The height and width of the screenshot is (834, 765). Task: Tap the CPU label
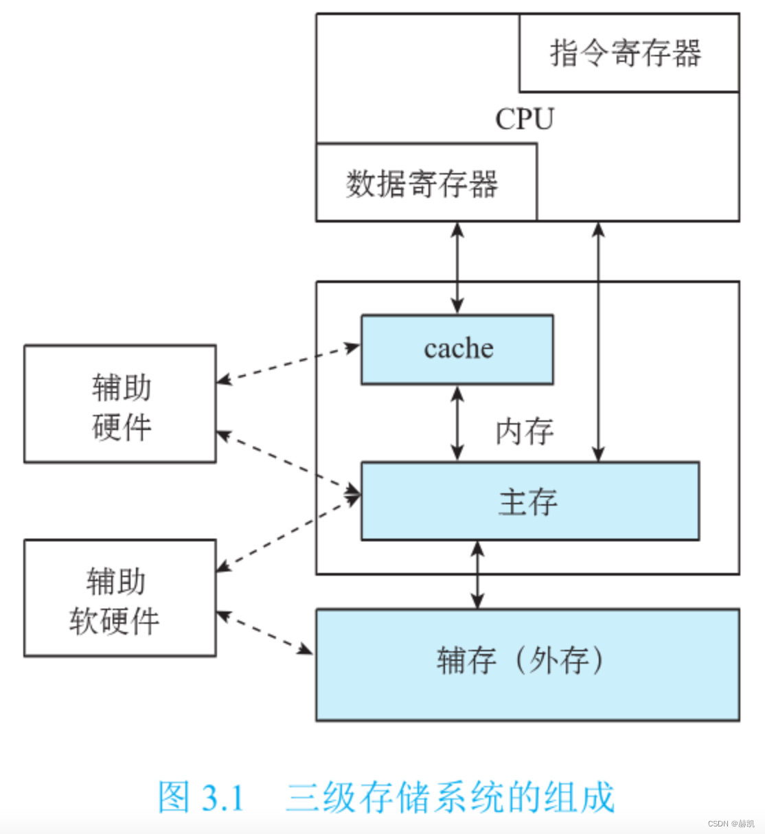[x=525, y=119]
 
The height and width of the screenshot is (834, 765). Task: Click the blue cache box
[x=457, y=349]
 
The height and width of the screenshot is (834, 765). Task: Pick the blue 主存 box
[x=529, y=501]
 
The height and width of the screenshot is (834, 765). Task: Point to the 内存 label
[x=525, y=431]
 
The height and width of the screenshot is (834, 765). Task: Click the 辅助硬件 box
[x=120, y=404]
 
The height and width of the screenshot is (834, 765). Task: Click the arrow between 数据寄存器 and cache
[x=457, y=268]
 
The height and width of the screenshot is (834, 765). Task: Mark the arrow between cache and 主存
[x=457, y=423]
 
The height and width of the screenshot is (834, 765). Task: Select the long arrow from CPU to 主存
[x=598, y=341]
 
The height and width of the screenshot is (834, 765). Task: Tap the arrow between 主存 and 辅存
[x=478, y=575]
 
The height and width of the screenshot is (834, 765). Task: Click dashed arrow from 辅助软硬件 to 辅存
[x=265, y=632]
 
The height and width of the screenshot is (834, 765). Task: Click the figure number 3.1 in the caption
[x=223, y=798]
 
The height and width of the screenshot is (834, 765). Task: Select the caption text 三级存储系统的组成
[x=450, y=798]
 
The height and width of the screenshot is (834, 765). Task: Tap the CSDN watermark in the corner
[x=731, y=823]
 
